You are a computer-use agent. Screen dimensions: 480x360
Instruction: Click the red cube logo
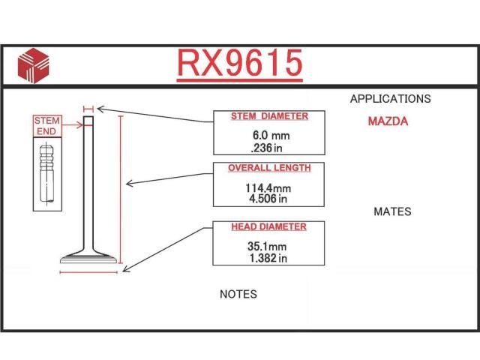(33, 65)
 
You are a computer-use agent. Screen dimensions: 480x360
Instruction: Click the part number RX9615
(240, 63)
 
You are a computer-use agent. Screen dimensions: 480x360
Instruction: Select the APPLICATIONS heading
(390, 98)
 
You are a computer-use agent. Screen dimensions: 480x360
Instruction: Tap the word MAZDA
(388, 121)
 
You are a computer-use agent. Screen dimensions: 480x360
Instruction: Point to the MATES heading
(392, 211)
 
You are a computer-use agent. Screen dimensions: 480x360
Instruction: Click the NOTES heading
(238, 294)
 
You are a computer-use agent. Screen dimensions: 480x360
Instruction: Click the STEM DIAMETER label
(269, 116)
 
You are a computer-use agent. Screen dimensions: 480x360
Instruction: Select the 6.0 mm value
(271, 135)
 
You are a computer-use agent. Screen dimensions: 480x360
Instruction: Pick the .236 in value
(266, 148)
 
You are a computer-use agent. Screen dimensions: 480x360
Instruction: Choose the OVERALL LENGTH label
(269, 168)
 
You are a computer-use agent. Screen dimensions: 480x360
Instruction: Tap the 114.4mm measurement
(268, 188)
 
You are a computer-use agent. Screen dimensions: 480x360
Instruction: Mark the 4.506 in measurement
(268, 199)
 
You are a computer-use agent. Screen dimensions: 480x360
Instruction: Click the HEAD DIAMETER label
(268, 226)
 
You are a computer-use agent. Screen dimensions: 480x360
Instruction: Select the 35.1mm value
(267, 247)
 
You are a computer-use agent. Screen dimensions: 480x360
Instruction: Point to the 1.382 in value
(268, 258)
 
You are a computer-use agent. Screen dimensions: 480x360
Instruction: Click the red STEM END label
(47, 126)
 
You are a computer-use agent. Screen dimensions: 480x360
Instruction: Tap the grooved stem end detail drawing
(46, 174)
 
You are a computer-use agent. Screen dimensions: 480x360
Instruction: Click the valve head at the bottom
(88, 257)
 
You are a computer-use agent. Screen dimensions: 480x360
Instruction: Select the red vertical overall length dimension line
(121, 190)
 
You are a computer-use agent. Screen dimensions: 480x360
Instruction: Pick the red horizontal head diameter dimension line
(88, 271)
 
